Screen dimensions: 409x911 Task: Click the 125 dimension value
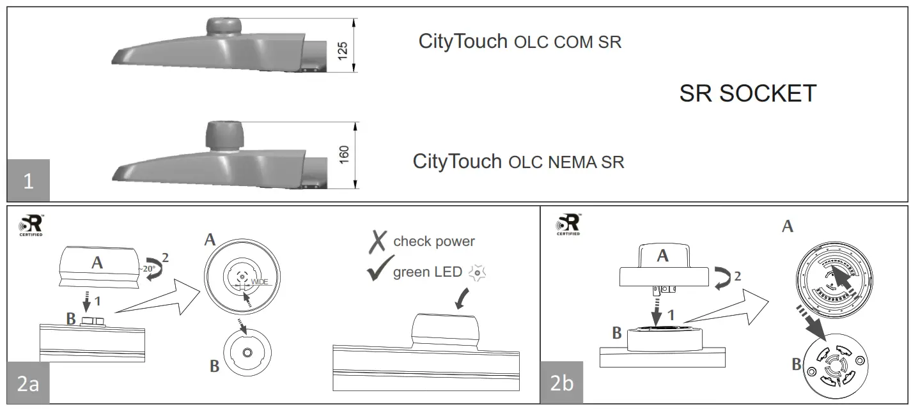[343, 51]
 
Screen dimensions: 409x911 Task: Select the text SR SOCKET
[747, 93]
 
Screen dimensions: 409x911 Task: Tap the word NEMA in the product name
[572, 162]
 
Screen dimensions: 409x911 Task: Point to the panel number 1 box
[28, 181]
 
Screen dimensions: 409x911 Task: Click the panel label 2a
[28, 383]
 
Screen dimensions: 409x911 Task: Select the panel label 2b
[562, 383]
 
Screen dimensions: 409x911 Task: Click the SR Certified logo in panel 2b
[568, 224]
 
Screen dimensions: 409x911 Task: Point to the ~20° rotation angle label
[149, 268]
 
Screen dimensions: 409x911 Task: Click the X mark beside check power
[378, 241]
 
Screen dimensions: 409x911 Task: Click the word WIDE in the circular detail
[259, 281]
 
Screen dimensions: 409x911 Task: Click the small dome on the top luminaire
[224, 27]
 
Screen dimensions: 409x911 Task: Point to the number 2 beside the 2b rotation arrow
[738, 277]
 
